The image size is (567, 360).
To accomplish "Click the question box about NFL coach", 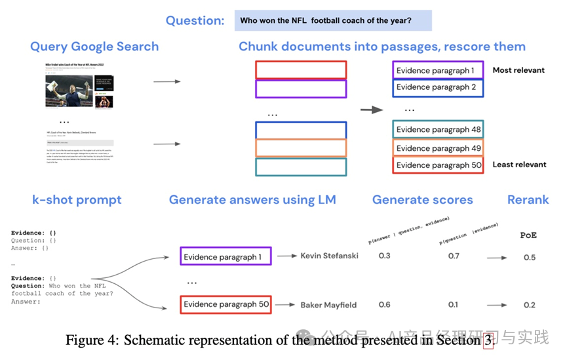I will pos(333,20).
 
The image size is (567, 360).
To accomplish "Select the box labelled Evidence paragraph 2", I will pos(438,87).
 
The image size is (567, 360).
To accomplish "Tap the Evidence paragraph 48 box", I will pos(438,130).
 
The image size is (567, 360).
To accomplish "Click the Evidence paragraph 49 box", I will pos(438,148).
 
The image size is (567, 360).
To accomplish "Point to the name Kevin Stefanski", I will pos(329,256).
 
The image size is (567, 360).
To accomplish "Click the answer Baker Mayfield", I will pos(329,305).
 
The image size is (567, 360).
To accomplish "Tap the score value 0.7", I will pos(453,256).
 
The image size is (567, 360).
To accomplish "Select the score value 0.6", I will pos(385,305).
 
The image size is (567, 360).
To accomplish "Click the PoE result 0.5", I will pos(529,257).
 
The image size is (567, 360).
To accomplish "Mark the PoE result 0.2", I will pos(529,305).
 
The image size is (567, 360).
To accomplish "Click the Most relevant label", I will pos(518,70).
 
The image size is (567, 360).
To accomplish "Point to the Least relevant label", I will pos(519,165).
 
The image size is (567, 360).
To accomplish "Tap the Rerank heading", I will pos(528,200).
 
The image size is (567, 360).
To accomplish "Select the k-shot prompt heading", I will pos(77,200).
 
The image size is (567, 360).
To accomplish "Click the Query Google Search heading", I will pos(94,47).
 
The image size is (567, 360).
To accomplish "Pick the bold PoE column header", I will pos(528,235).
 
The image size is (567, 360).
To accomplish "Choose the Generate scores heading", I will pos(422,200).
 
